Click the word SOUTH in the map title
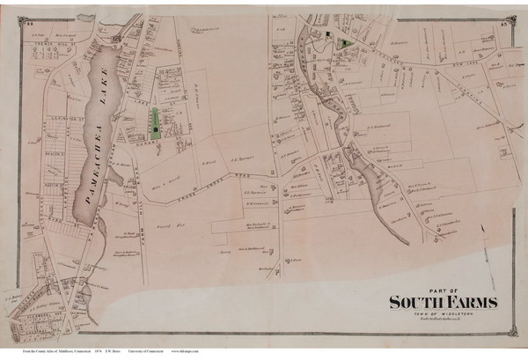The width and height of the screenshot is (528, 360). (x=418, y=303)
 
